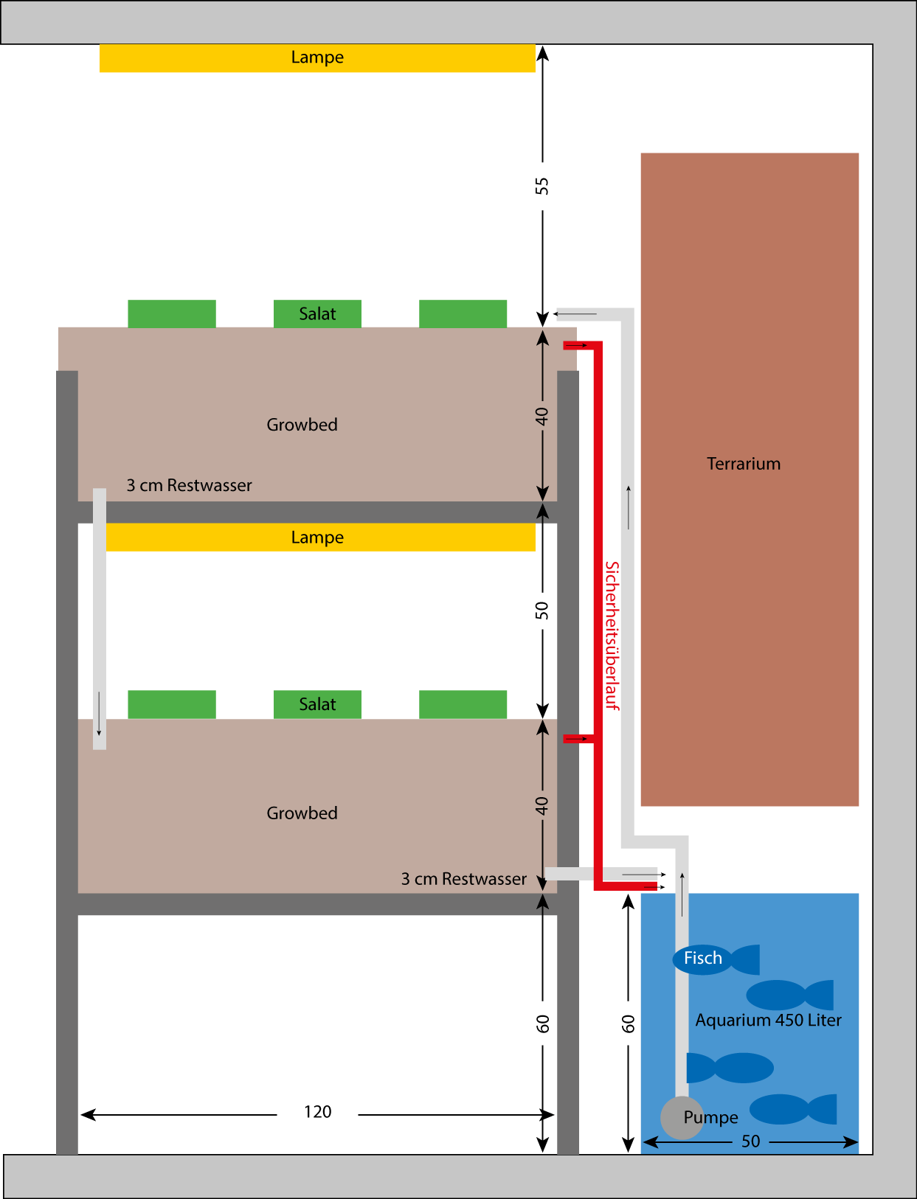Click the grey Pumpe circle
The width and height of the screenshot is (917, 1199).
[x=681, y=1117]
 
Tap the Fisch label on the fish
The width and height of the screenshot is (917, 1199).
[x=702, y=959]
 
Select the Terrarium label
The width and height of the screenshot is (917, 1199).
[x=744, y=464]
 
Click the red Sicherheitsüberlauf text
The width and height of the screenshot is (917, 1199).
[x=612, y=636]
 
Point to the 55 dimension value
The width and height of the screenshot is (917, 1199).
[x=542, y=186]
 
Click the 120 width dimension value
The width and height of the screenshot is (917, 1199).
[x=318, y=1112]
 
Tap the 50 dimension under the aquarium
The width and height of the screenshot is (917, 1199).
[x=751, y=1141]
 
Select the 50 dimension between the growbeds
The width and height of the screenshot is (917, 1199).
[x=542, y=611]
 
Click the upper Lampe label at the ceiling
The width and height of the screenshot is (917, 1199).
[x=317, y=58]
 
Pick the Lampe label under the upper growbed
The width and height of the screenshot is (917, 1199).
[x=317, y=538]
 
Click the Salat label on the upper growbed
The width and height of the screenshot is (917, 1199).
[x=317, y=314]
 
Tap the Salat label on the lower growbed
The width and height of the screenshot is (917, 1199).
[x=317, y=705]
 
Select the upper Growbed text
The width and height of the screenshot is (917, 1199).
[x=302, y=425]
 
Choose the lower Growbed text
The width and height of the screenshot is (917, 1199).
[x=302, y=813]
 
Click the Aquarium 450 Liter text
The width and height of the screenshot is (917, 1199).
[x=768, y=1021]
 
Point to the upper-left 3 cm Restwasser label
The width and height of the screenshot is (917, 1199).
[x=189, y=485]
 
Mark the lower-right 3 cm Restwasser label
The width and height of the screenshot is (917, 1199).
[x=464, y=879]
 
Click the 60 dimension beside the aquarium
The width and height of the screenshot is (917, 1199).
[x=629, y=1024]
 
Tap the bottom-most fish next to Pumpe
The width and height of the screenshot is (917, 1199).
[x=793, y=1109]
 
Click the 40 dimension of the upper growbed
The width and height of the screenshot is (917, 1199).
[x=542, y=417]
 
